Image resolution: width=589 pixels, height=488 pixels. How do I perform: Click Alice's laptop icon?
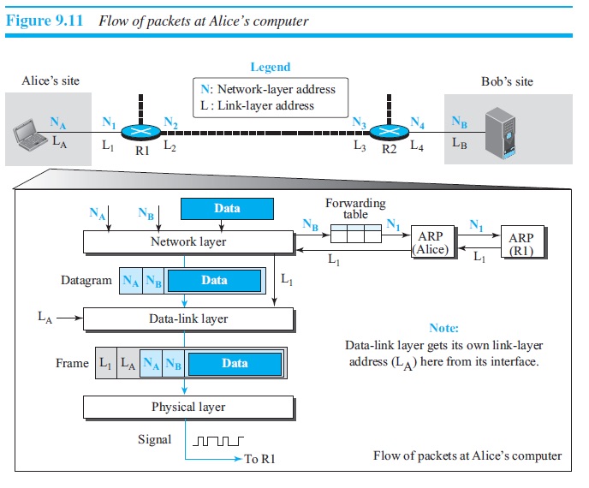click(x=28, y=133)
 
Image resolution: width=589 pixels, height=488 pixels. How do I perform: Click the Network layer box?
click(x=188, y=242)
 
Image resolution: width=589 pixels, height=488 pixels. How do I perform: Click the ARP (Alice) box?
click(x=432, y=242)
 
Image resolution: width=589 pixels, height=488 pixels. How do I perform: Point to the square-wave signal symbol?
click(x=219, y=442)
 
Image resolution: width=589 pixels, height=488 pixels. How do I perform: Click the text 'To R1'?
click(x=259, y=460)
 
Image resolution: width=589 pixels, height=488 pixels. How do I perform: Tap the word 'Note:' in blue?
click(x=443, y=328)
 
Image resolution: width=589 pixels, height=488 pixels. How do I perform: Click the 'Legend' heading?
click(x=270, y=67)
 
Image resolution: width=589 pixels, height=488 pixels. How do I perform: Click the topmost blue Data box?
click(x=227, y=208)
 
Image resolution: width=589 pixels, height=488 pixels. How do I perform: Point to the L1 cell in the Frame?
click(x=105, y=363)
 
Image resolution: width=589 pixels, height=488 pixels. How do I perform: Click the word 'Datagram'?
click(x=86, y=280)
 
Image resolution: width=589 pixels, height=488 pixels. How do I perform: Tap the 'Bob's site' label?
click(x=507, y=81)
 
